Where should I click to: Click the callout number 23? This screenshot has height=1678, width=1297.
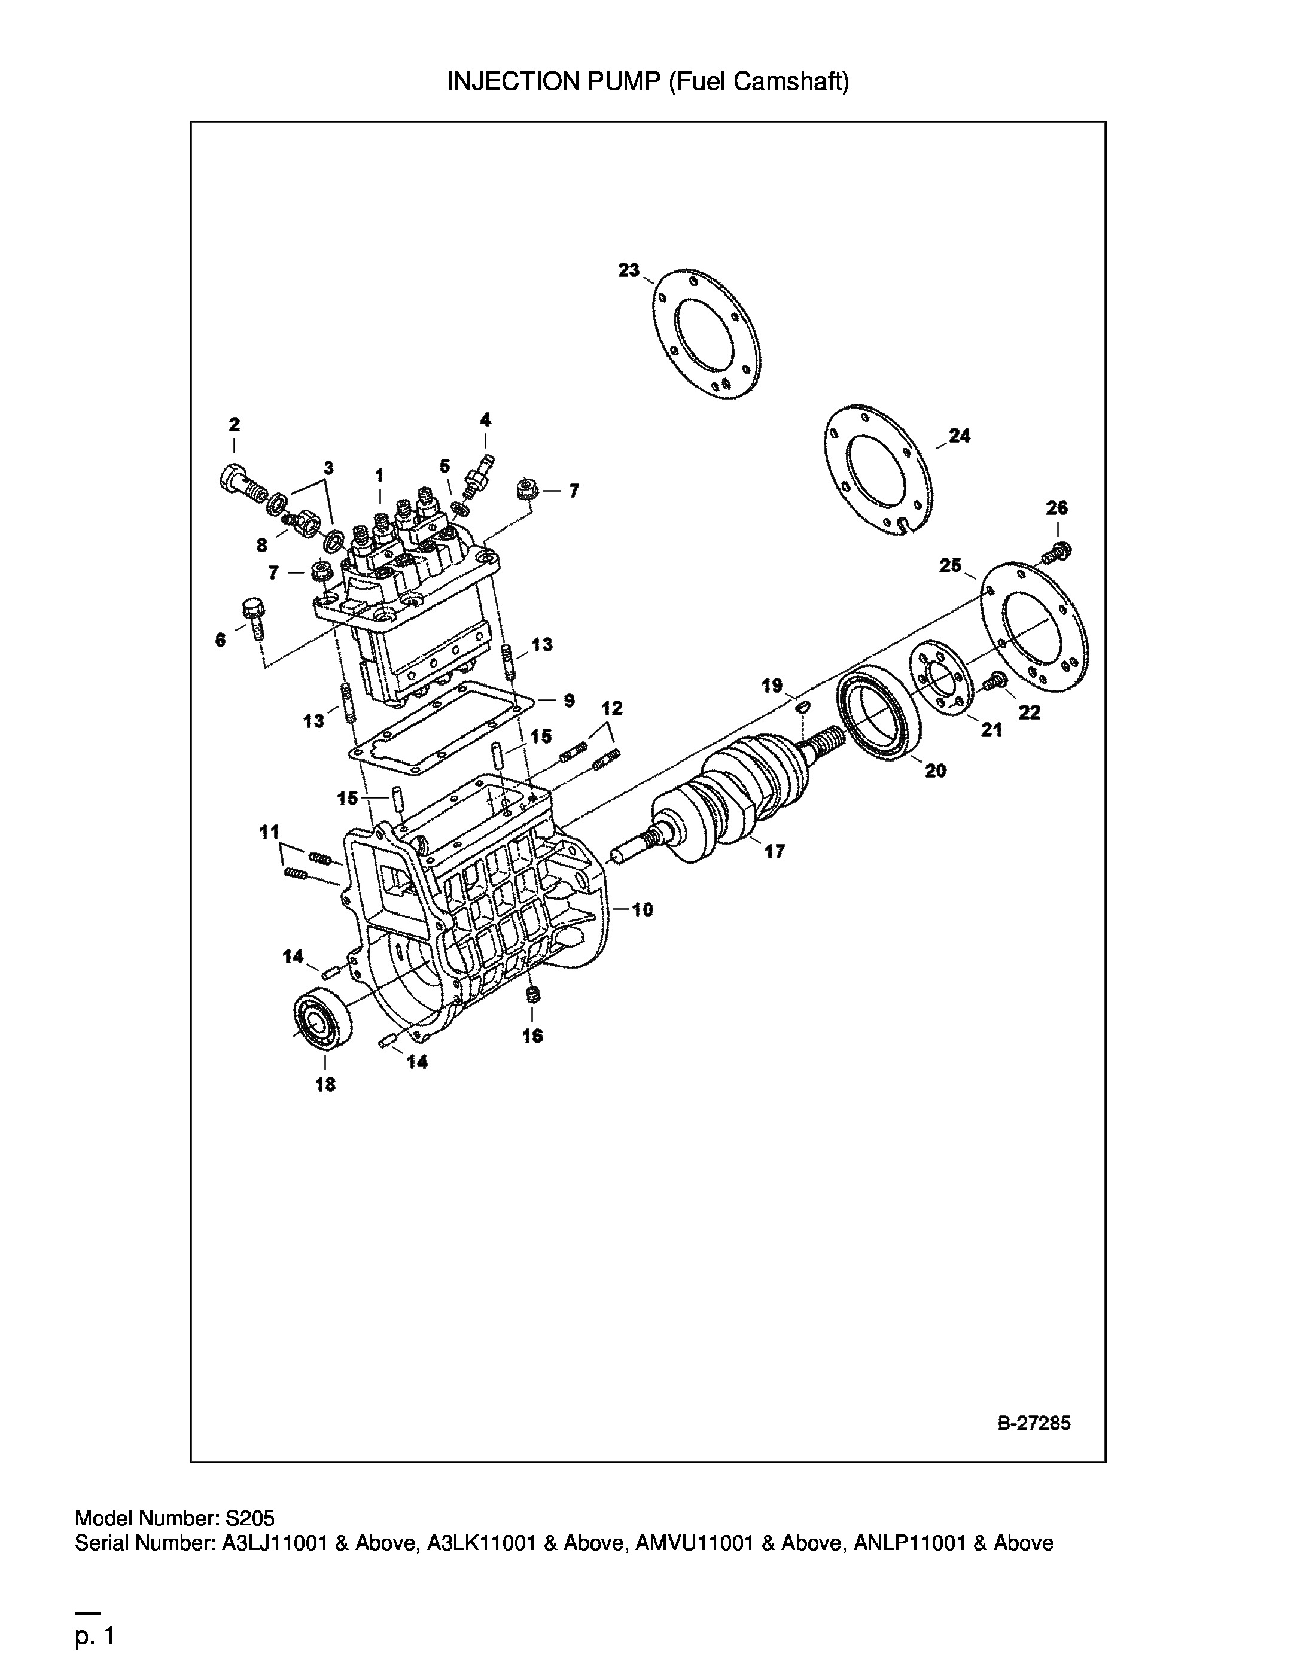point(629,270)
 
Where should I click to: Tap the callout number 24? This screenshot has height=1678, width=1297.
point(959,436)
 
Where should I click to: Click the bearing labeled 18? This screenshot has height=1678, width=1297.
point(324,1019)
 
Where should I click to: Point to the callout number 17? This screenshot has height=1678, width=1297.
point(775,851)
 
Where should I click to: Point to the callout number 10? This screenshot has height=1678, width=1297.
point(643,910)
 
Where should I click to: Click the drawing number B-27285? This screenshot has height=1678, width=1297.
point(1033,1424)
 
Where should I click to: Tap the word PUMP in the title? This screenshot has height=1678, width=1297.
point(622,81)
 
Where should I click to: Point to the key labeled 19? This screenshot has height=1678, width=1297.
point(802,705)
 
